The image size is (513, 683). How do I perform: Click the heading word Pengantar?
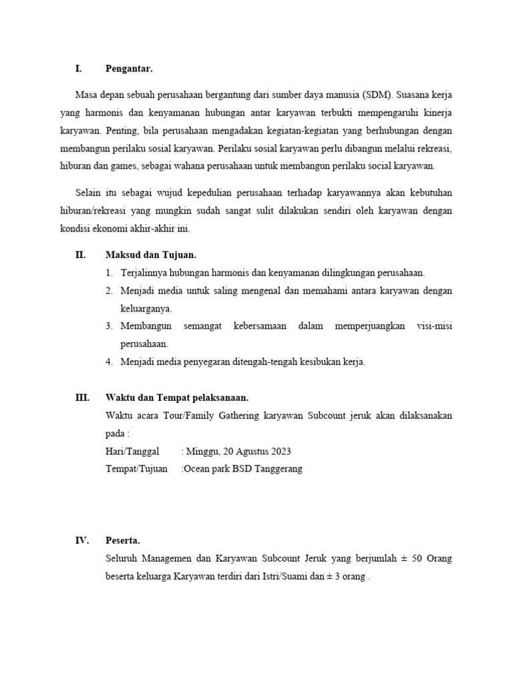pos(129,68)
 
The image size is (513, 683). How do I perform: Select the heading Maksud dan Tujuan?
pos(151,255)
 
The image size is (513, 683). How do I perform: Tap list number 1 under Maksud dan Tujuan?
pos(109,273)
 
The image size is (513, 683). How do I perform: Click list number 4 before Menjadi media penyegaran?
pos(109,362)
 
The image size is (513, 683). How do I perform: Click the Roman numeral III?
pos(82,398)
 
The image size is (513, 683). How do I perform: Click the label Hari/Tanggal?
pos(133,451)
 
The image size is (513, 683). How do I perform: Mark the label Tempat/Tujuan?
pos(137,468)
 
